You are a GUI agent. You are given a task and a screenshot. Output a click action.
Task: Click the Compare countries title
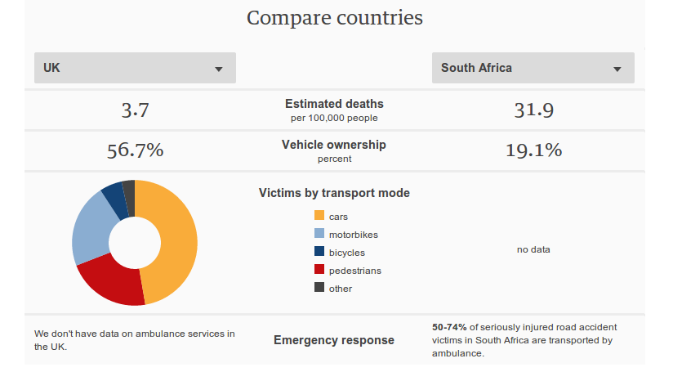(335, 17)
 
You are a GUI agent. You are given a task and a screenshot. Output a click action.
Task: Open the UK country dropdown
(135, 68)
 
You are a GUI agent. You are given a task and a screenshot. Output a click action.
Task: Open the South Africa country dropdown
(533, 68)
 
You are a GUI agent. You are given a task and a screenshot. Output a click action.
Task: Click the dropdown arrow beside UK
(219, 69)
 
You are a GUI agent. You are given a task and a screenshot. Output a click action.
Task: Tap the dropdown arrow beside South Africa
(617, 69)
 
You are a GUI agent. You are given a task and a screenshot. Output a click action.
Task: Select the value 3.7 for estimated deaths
(135, 110)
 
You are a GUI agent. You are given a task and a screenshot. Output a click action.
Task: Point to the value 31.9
(533, 110)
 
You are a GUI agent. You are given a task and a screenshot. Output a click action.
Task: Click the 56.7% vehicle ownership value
(135, 150)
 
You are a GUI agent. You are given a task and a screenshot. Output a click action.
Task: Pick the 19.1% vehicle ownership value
(533, 150)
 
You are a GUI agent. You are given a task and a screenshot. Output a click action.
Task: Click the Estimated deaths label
(334, 104)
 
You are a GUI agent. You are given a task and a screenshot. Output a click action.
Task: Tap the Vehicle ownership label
(334, 145)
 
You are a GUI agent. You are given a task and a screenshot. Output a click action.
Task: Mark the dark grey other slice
(128, 193)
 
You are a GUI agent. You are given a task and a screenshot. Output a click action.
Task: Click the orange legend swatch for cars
(319, 216)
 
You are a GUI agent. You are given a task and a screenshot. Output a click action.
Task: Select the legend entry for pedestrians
(354, 271)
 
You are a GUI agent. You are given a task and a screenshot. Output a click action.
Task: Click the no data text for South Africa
(533, 249)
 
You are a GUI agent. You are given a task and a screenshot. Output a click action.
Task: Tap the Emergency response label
(334, 340)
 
